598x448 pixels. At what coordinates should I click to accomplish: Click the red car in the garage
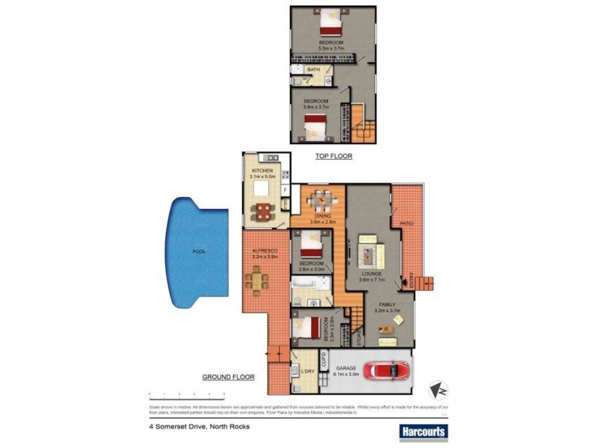(386, 370)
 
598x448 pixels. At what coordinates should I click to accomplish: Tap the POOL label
(199, 252)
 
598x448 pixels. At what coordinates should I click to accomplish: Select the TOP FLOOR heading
(334, 157)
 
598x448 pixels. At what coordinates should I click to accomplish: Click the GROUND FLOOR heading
(228, 378)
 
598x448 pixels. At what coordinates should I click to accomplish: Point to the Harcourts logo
(422, 431)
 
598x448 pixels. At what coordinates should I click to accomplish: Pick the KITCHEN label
(262, 171)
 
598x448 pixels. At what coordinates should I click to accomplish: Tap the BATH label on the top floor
(312, 69)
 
